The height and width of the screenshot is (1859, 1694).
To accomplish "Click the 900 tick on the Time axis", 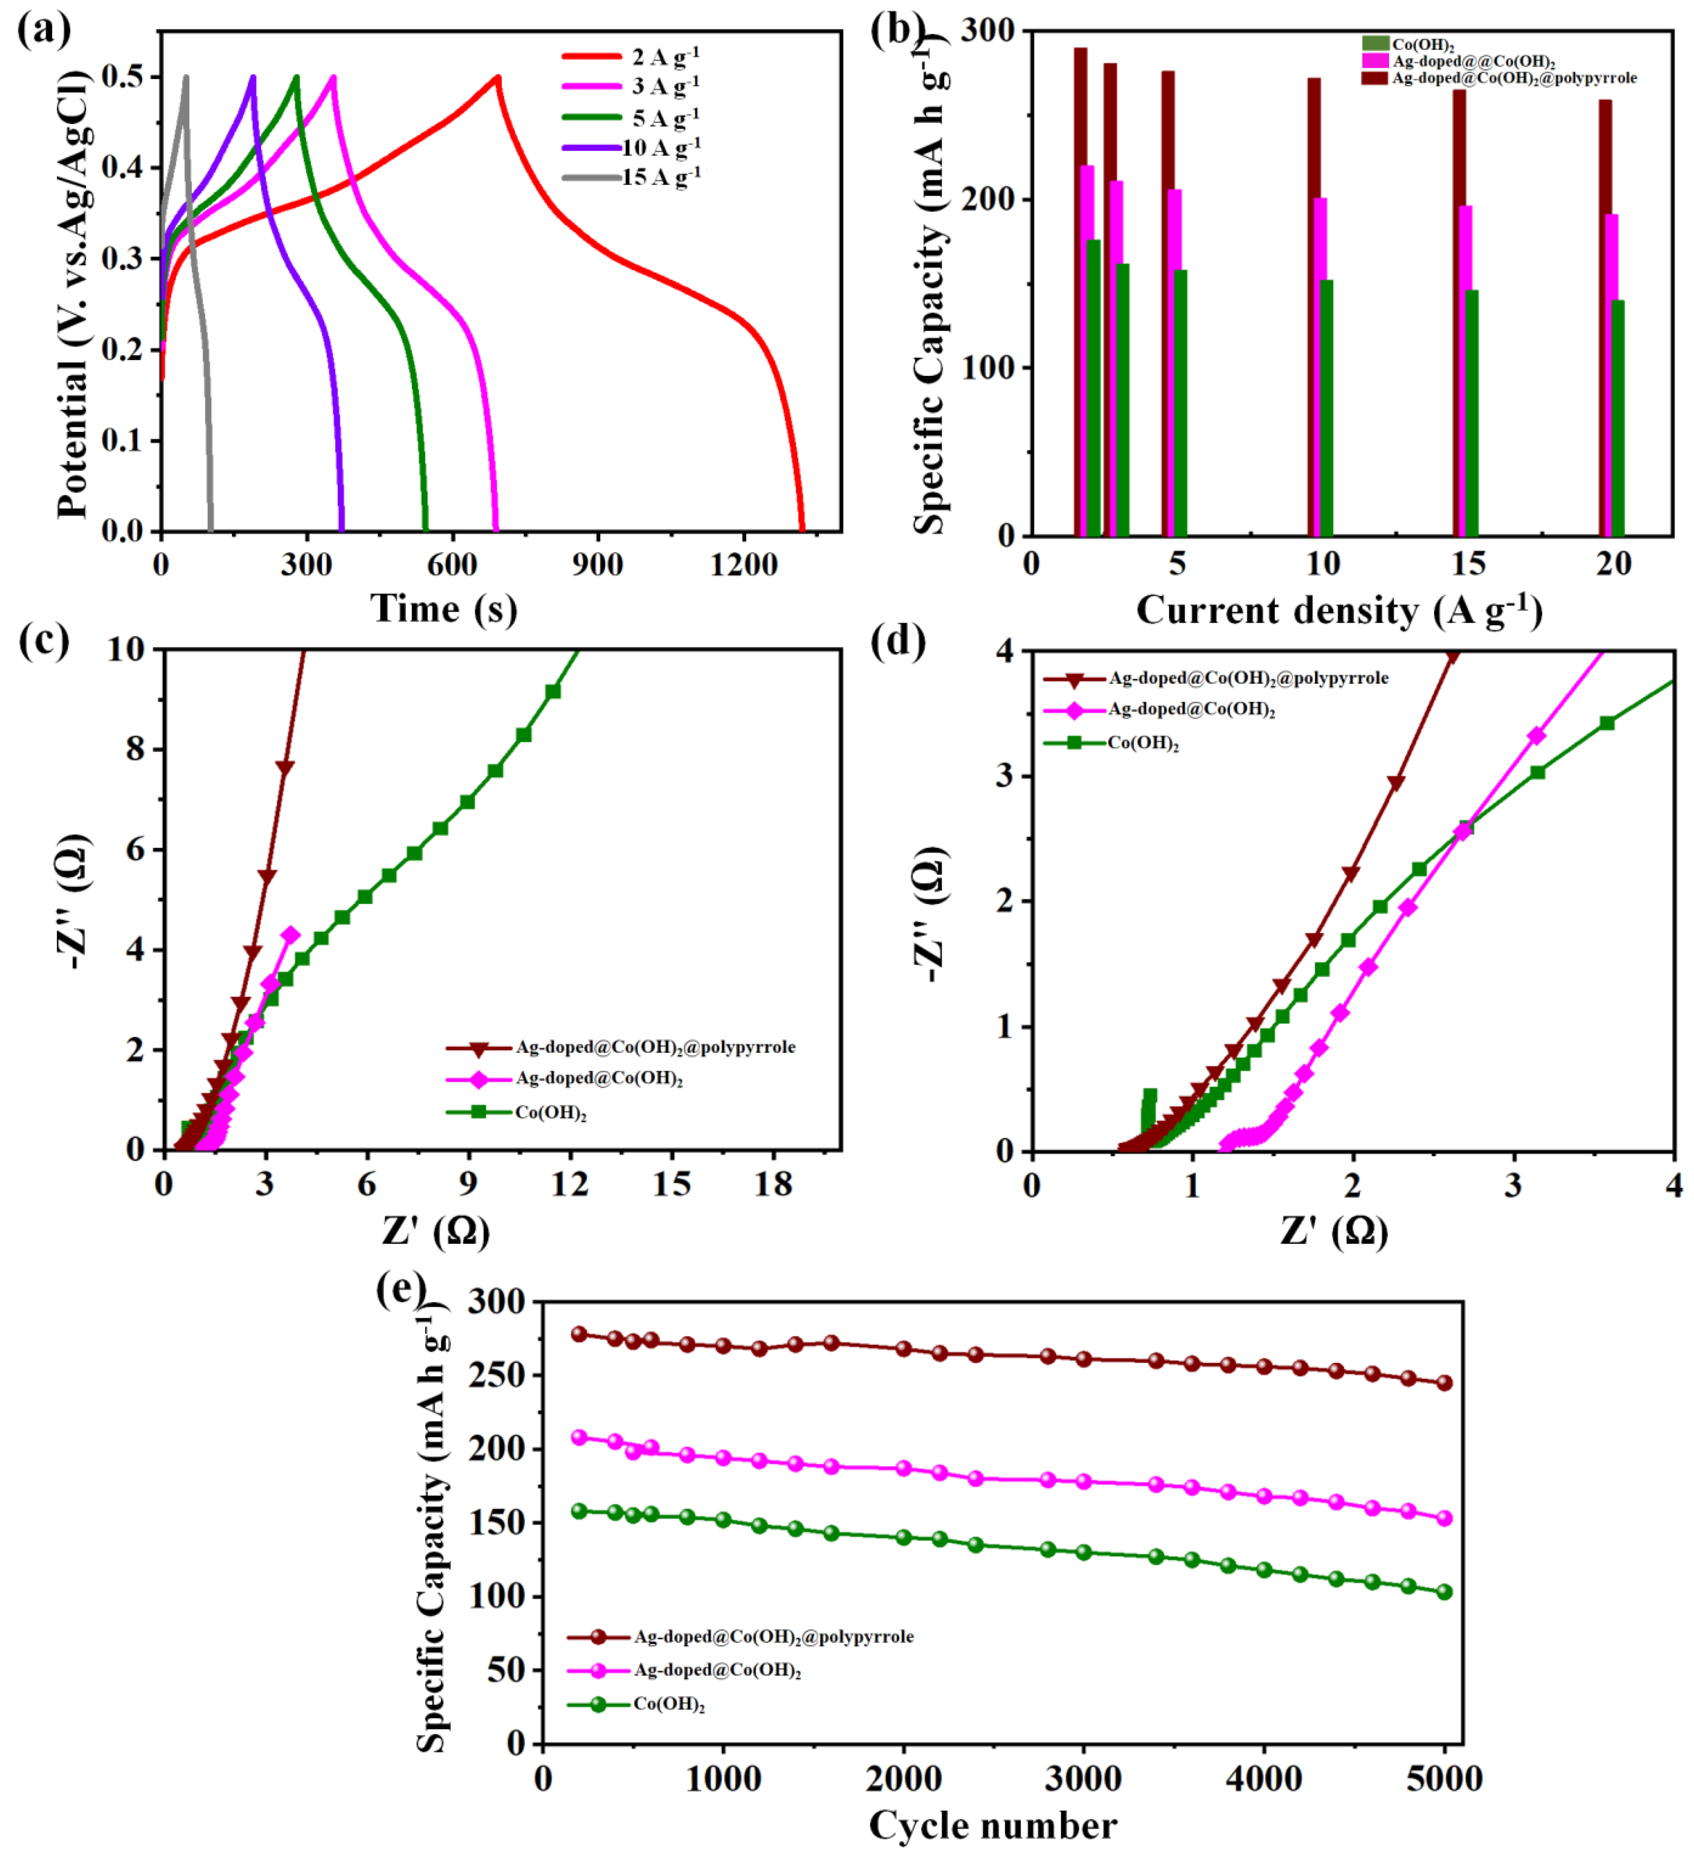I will coord(597,564).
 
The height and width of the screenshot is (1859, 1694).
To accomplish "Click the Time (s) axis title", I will coord(444,609).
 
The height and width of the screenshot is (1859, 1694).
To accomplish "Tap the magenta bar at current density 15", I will coord(1465,369).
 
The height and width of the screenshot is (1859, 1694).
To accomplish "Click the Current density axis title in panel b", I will coord(1339,610).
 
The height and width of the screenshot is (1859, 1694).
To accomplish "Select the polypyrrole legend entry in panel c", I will coord(655,1048).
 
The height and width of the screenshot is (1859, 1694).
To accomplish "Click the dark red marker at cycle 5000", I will coord(1444,1383).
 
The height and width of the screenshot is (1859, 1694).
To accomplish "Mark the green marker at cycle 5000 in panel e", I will coord(1444,1592).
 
